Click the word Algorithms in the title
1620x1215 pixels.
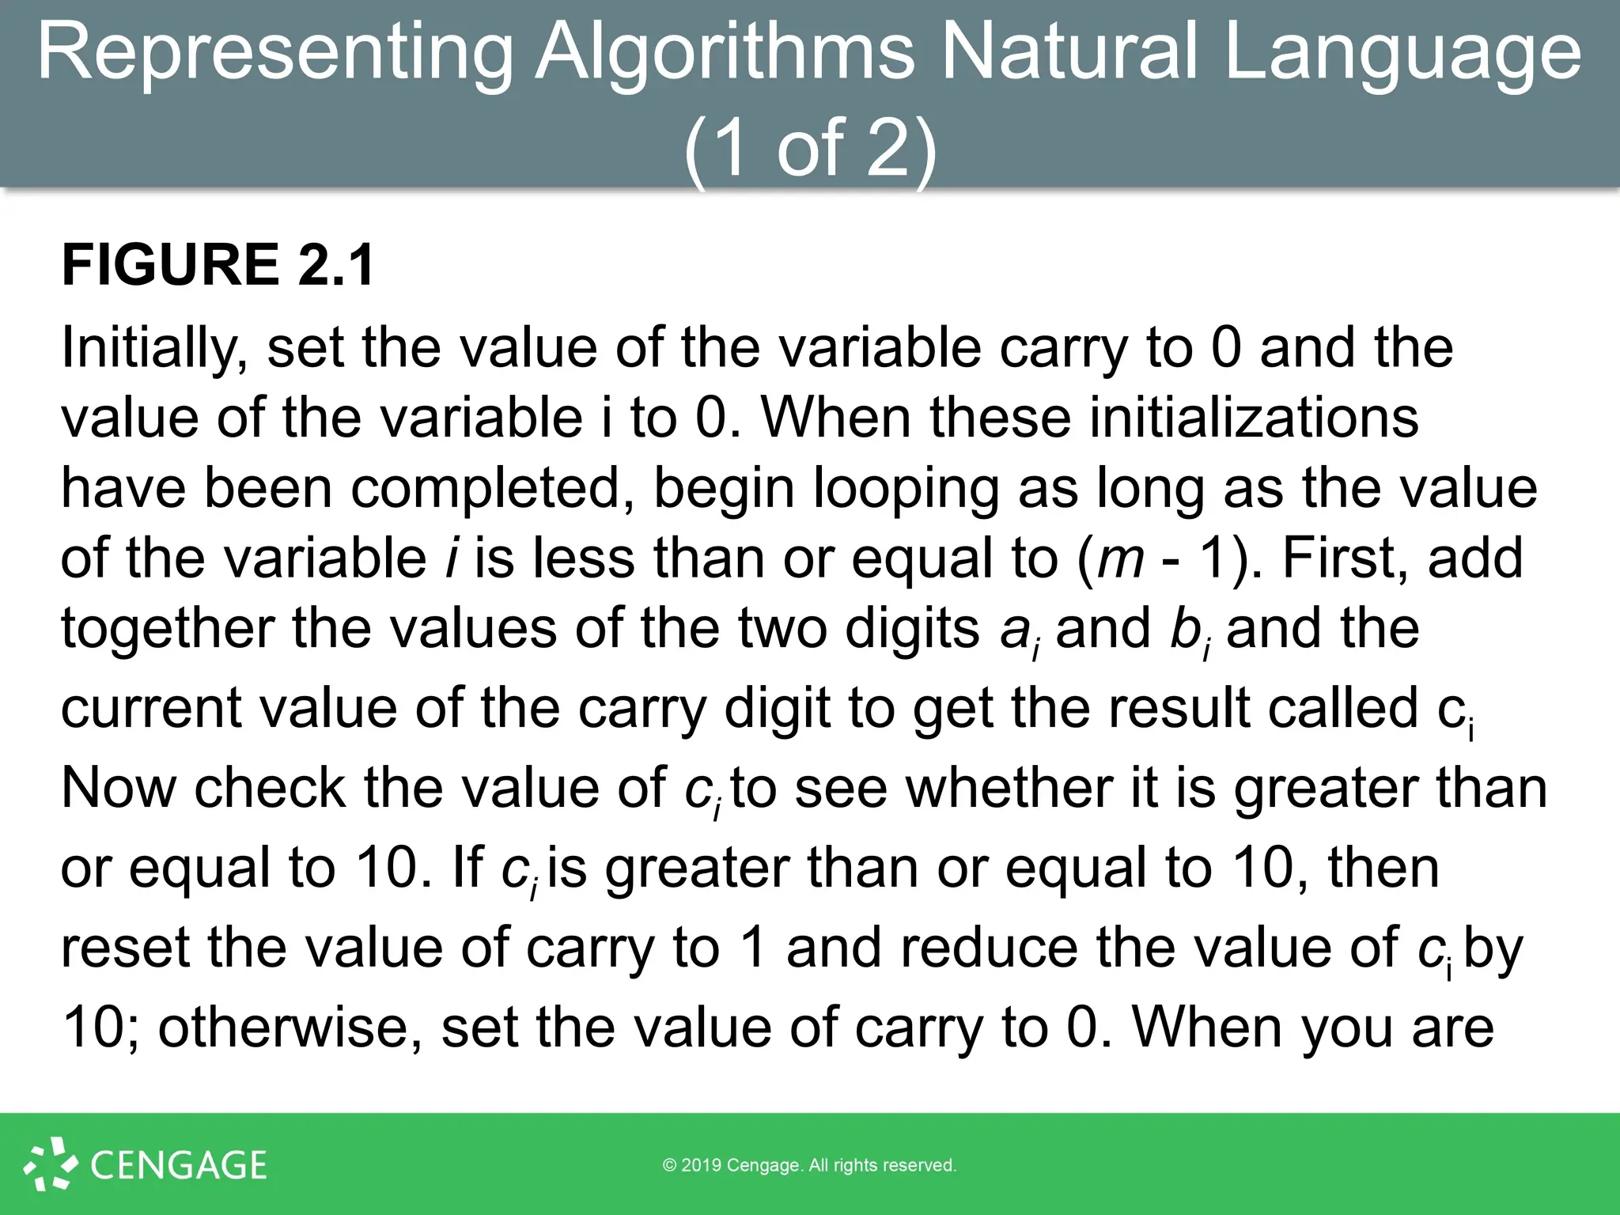click(x=725, y=52)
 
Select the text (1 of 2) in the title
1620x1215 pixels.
click(x=810, y=147)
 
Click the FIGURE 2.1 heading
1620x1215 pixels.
click(x=218, y=264)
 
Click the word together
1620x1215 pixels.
click(x=167, y=628)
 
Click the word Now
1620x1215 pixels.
click(x=118, y=788)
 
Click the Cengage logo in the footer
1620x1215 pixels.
click(x=146, y=1164)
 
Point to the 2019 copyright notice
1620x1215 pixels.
click(x=809, y=1165)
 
